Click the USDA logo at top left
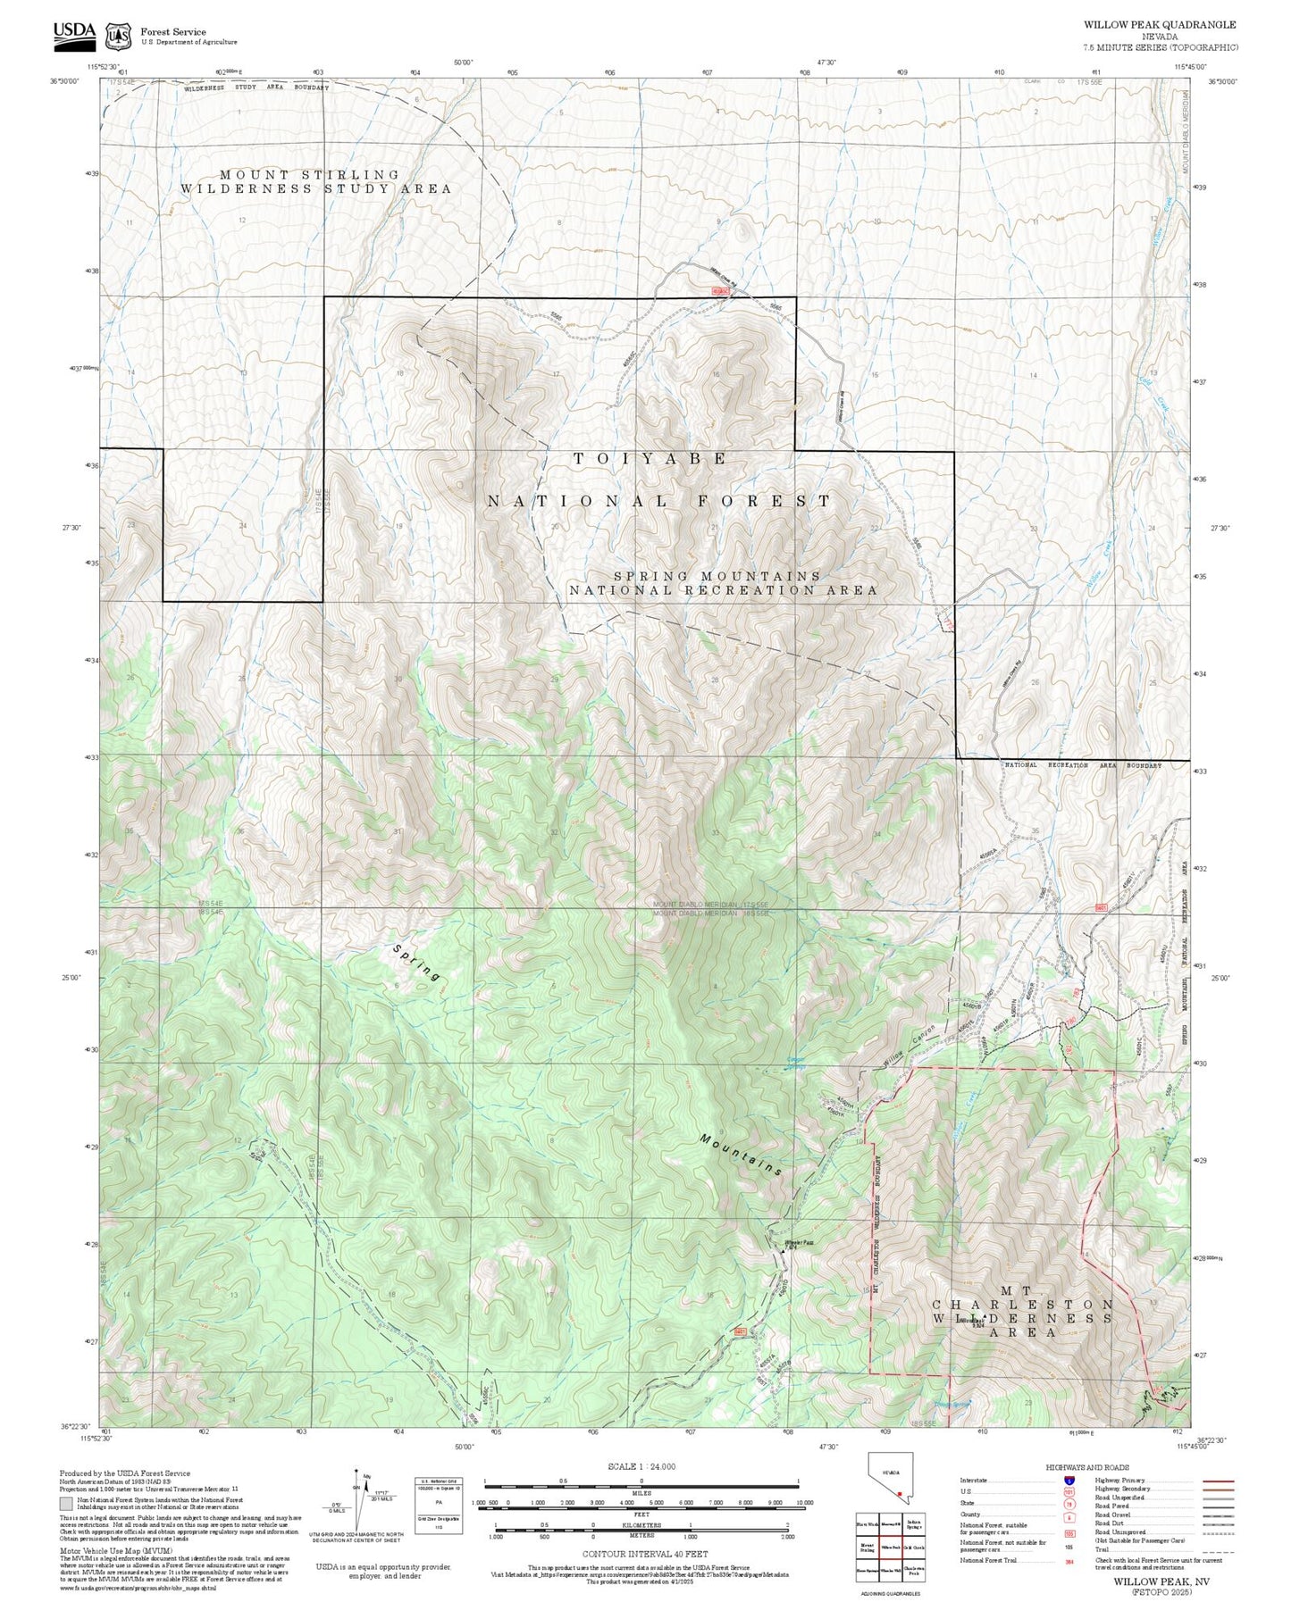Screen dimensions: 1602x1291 (x=74, y=33)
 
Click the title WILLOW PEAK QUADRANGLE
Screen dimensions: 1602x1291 (x=1160, y=24)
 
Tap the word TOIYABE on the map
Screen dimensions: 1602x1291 (x=650, y=458)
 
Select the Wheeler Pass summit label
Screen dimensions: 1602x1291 (x=799, y=1242)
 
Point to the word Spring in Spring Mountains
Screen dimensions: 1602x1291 (x=417, y=963)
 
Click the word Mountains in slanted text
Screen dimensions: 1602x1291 (x=742, y=1155)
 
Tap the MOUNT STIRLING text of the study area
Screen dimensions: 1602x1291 (x=309, y=175)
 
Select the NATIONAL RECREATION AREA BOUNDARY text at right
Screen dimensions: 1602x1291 (x=1083, y=765)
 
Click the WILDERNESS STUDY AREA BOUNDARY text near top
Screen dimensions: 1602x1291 (x=256, y=88)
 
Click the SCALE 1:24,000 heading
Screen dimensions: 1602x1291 (x=641, y=1466)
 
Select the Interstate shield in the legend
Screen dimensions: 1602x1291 (x=1069, y=1480)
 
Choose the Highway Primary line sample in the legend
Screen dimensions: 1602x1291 (x=1218, y=1481)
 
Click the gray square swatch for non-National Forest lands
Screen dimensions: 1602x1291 (x=66, y=1503)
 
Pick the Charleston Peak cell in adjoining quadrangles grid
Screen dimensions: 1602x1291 (x=912, y=1569)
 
